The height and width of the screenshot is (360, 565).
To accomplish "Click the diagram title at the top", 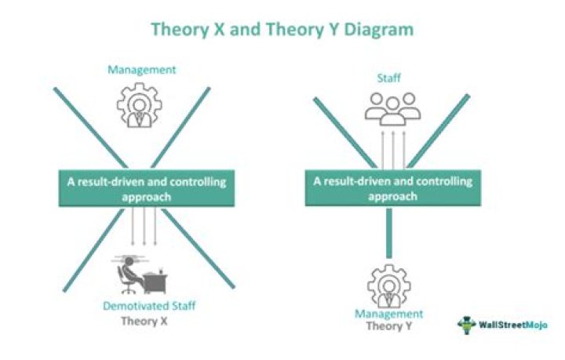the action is [x=282, y=29].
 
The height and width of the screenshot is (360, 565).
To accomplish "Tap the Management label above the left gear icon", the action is [x=141, y=70].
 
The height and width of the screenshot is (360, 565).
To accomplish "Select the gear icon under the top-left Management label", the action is [x=140, y=105].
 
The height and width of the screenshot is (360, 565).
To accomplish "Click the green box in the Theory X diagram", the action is [x=147, y=188].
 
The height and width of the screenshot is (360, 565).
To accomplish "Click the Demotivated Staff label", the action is [x=149, y=306].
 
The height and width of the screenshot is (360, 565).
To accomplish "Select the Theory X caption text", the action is [x=144, y=321].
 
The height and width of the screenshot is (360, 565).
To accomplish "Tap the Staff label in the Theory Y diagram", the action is [x=388, y=78].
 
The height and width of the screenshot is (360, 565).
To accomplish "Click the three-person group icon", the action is [x=393, y=109].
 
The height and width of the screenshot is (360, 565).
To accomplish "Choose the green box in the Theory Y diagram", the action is [x=393, y=188].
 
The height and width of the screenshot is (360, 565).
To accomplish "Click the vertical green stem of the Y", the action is [x=388, y=233].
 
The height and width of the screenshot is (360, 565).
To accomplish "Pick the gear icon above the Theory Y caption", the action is [x=389, y=286].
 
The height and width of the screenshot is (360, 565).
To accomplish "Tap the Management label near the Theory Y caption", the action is [x=388, y=314].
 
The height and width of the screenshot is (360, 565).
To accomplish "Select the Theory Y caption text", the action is [x=389, y=326].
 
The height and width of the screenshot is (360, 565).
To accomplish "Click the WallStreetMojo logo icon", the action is [x=467, y=325].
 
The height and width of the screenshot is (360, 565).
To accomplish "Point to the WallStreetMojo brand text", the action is [x=513, y=325].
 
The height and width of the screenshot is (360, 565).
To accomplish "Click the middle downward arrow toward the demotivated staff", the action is [x=144, y=226].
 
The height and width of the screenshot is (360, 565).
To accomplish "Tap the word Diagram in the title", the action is [x=379, y=30].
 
